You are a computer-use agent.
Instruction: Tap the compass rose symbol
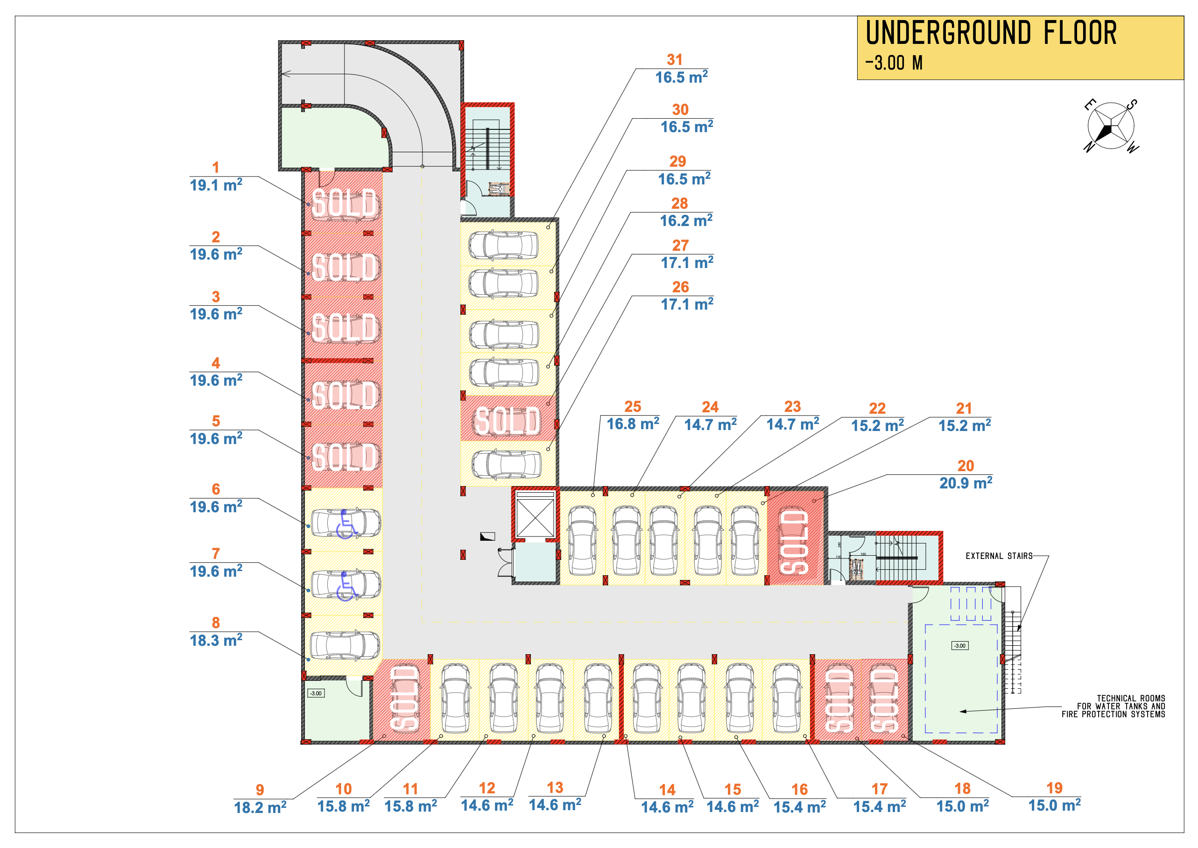1110,126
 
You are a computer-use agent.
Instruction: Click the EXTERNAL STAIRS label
999,556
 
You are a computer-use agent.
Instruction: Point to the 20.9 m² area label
965,483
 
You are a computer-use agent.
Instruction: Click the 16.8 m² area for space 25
633,424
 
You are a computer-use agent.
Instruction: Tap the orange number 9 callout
260,790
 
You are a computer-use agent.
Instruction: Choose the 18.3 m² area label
216,641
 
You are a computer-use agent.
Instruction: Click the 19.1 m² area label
216,185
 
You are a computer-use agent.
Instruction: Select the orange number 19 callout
1054,788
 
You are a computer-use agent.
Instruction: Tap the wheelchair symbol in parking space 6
345,524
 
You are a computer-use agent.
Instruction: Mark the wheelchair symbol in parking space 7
345,586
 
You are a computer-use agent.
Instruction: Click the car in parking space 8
345,645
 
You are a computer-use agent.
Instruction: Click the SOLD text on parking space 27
507,421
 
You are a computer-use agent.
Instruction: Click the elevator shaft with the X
535,517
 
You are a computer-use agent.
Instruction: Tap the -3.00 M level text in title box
894,63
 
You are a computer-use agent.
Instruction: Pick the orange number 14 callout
667,790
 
